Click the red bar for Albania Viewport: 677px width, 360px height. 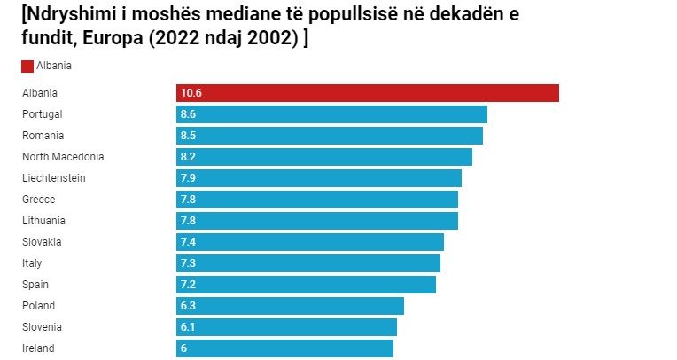coord(367,93)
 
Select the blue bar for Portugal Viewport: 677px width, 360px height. coord(331,114)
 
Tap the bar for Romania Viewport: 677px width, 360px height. coord(329,136)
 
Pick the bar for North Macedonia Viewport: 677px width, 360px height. coord(323,157)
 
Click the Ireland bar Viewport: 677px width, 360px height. coord(284,348)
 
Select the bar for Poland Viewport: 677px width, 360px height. coord(290,306)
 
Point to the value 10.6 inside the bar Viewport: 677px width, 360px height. coord(191,93)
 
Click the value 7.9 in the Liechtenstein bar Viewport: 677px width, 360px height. coord(188,178)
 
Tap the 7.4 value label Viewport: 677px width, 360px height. coord(188,242)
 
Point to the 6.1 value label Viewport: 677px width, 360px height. coord(188,327)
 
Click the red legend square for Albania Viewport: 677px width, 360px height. coord(27,66)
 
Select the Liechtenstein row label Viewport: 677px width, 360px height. coord(53,178)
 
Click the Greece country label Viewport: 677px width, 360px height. coord(38,200)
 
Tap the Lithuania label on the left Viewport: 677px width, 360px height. coord(43,221)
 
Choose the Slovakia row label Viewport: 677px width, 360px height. coord(43,242)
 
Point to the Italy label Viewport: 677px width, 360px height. coord(32,263)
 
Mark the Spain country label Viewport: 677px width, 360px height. coord(35,285)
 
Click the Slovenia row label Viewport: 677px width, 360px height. coord(43,327)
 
